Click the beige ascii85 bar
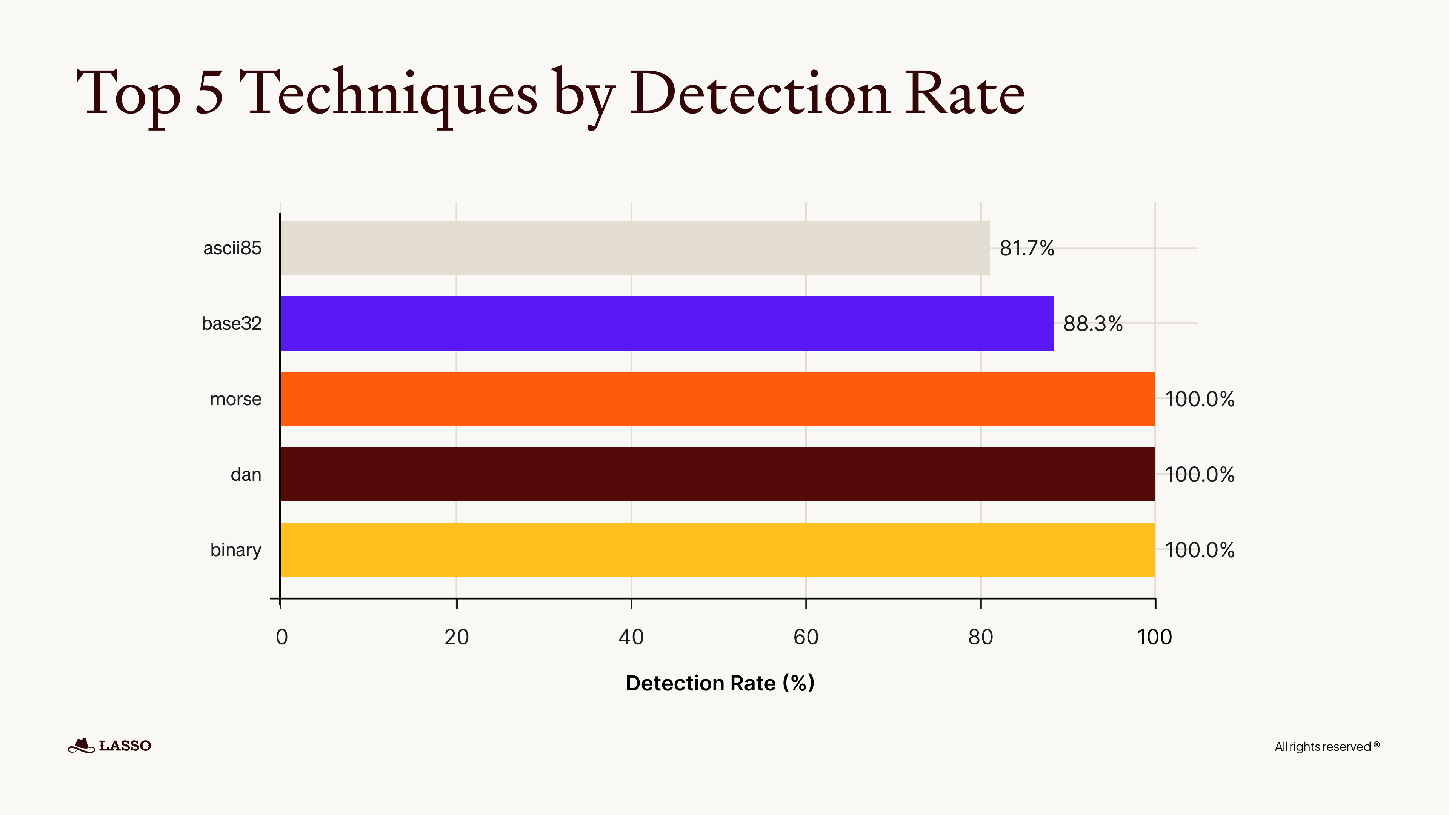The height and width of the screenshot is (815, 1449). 634,248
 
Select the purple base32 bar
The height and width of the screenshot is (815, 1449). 666,323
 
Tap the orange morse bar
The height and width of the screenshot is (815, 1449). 717,399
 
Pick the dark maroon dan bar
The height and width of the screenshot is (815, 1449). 717,474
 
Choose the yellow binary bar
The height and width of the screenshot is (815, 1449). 717,549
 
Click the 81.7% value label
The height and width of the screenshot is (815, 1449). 1026,248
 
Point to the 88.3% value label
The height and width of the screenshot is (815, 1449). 1092,324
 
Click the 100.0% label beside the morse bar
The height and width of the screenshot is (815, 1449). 1199,399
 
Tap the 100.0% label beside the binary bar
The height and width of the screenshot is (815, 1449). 1199,550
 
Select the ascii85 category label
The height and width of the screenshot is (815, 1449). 232,248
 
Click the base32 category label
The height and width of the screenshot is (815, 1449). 231,323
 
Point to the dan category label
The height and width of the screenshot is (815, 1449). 246,475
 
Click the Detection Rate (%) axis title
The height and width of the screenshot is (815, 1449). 720,683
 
